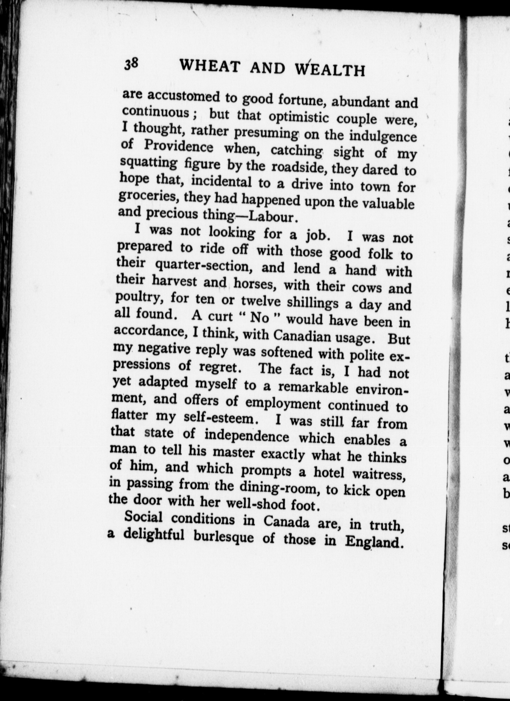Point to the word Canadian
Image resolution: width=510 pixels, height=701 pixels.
click(302, 336)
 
